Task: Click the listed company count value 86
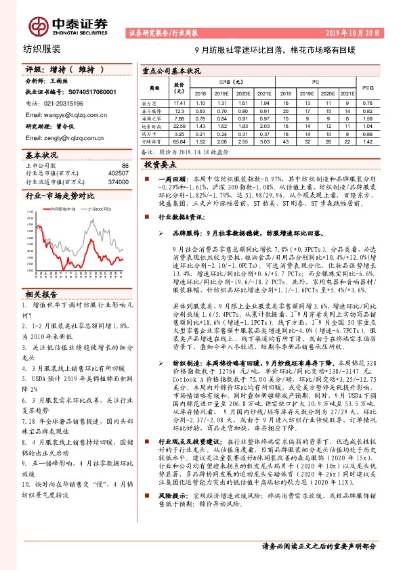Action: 124,165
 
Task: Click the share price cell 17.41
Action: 179,102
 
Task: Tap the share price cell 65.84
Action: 179,142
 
